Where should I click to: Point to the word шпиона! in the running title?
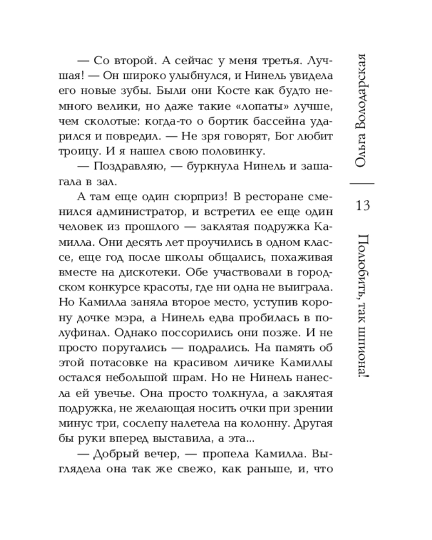[x=363, y=351]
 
